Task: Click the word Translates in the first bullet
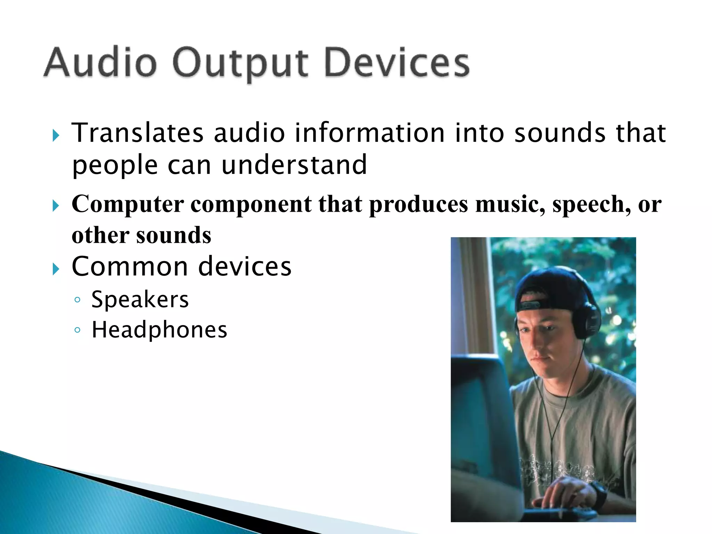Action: point(138,133)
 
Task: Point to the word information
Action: point(370,133)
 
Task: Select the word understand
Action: point(294,165)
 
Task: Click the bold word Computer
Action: point(128,204)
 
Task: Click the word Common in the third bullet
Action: point(130,267)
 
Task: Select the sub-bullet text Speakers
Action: point(140,300)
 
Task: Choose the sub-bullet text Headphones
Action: point(159,330)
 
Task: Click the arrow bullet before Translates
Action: point(56,135)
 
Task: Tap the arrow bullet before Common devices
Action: point(56,269)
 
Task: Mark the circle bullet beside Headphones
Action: point(78,330)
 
